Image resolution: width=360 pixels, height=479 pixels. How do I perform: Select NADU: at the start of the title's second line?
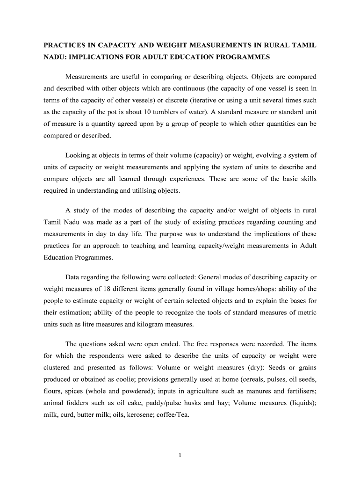coord(54,58)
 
